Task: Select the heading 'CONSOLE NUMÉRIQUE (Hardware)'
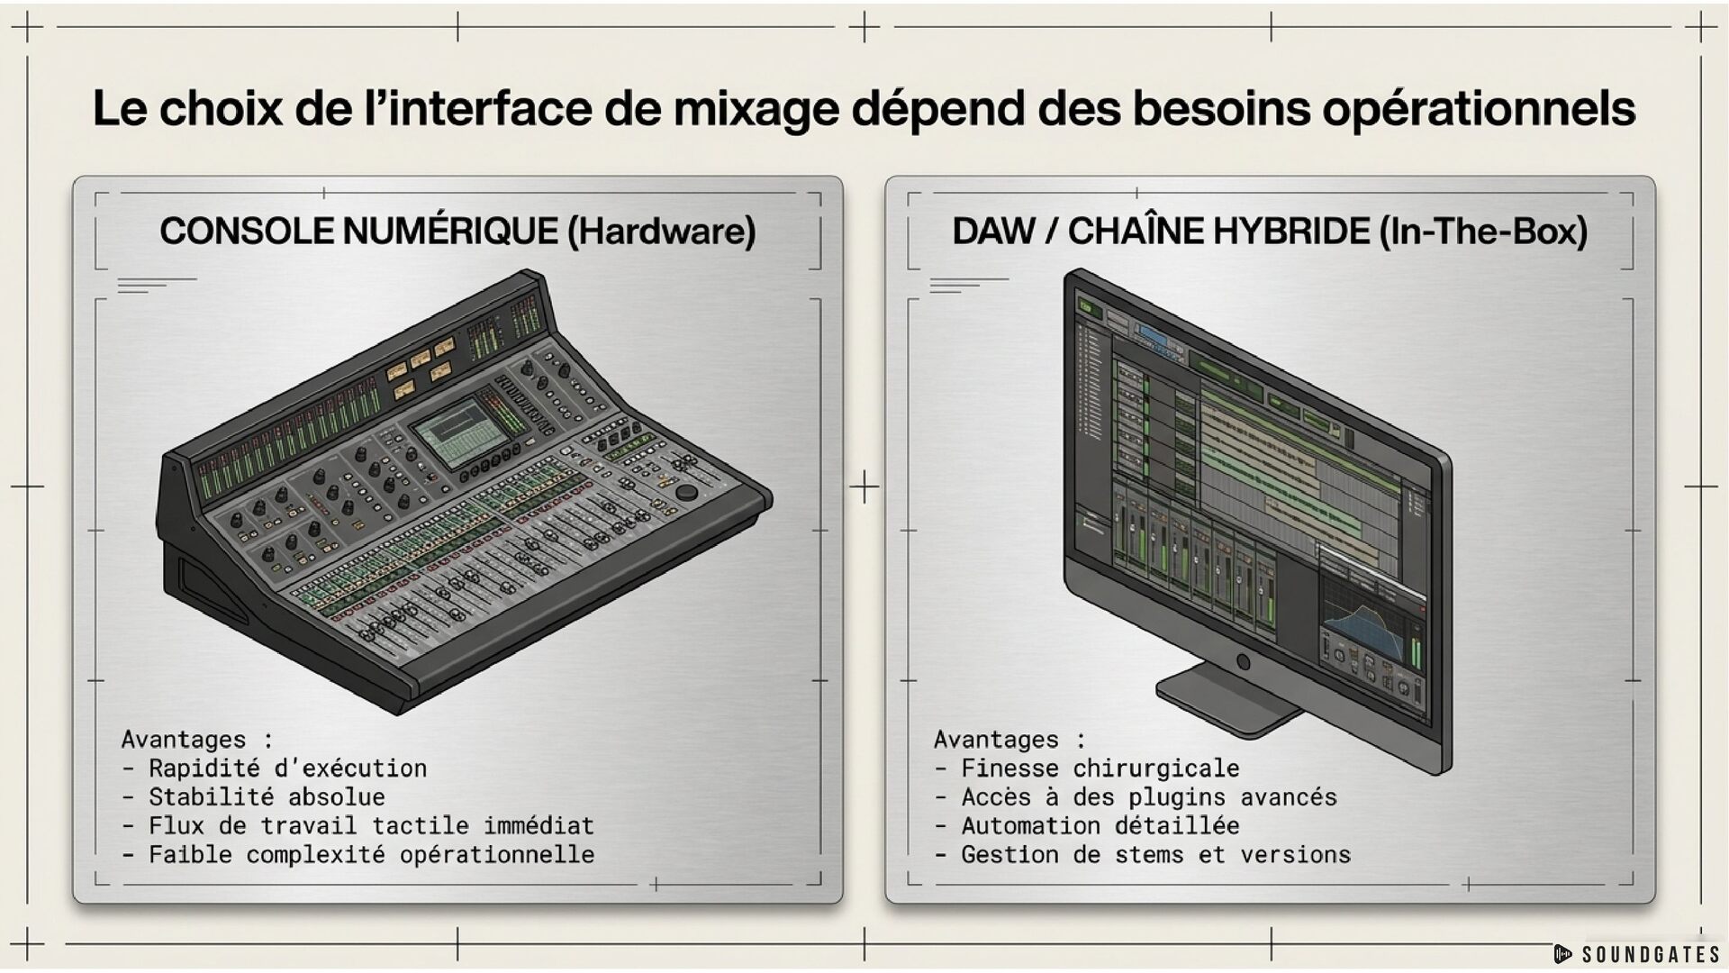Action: click(x=457, y=232)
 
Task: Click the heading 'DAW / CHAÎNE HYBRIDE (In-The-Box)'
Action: click(x=1270, y=232)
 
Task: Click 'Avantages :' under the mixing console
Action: click(x=197, y=740)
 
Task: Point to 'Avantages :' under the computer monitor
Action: click(x=1009, y=740)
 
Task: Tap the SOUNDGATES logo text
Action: click(x=1650, y=955)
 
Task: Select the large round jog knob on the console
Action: click(x=686, y=493)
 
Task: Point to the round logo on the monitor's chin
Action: click(x=1244, y=662)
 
